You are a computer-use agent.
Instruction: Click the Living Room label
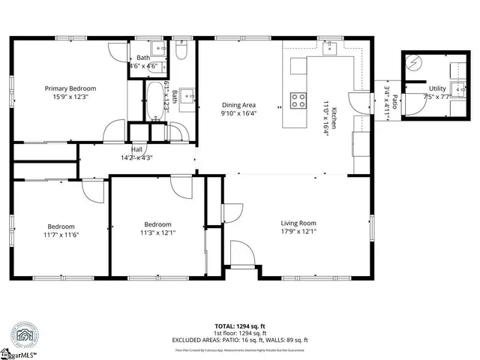pos(298,223)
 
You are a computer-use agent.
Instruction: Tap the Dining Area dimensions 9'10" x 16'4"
pos(238,114)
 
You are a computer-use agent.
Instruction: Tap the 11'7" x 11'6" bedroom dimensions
pos(61,235)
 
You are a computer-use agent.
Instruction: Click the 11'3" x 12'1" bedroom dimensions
pos(157,232)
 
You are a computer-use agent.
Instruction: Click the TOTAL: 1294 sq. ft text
pos(240,326)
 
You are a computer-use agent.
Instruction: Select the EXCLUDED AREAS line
pos(240,339)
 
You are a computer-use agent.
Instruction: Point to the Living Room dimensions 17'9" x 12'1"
pos(298,232)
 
